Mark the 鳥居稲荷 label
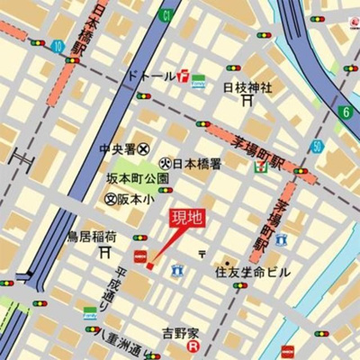[92, 237]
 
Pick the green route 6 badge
[344, 112]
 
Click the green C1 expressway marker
[166, 15]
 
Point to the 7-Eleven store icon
[260, 166]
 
